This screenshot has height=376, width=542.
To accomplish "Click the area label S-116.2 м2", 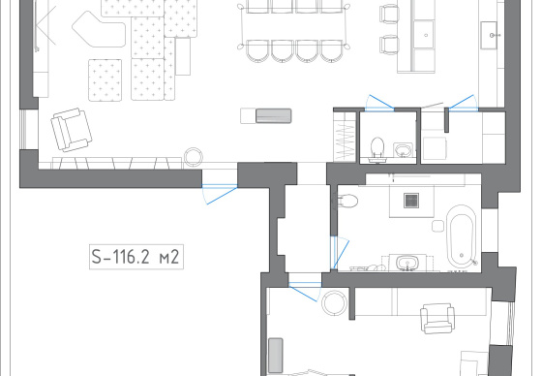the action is pos(136,257).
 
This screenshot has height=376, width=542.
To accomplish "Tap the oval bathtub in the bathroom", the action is pos(462,236).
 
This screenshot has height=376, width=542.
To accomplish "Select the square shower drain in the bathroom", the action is pos(411,201).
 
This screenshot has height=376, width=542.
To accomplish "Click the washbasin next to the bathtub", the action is pos(407,263).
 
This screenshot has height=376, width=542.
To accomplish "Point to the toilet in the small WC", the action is pos(377,149).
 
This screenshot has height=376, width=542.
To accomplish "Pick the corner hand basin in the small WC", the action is pos(403,150).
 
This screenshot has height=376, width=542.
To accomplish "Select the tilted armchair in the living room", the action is pos(72,130).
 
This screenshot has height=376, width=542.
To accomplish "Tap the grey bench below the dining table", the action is pos(273,116).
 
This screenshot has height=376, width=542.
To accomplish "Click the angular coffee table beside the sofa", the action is pos(99,30).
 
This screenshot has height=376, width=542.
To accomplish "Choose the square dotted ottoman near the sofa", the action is pos(105,80).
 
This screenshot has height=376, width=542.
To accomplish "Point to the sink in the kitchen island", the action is pos(424,34).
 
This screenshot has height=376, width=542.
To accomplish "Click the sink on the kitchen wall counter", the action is pos(489,35).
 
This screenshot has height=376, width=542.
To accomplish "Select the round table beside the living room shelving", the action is pos(193,157).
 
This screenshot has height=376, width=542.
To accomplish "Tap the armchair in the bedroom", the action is pos(437,318).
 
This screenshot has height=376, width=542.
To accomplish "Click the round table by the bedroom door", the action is pos(334,303).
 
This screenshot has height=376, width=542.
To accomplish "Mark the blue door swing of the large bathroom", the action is pos(340,253).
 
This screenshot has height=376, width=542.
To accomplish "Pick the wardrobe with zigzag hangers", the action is pos(345,136).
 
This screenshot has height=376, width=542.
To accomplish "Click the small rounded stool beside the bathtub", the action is pos(437,226).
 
